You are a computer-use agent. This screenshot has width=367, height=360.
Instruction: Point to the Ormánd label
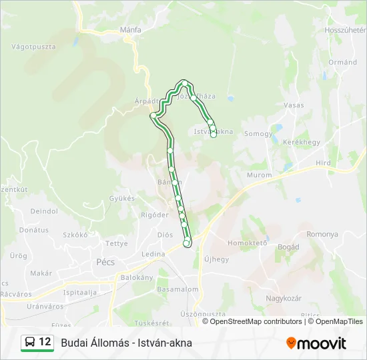point(342,62)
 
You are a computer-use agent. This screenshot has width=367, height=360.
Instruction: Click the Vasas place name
point(294,105)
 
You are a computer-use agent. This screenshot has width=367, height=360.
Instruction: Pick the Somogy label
point(258,134)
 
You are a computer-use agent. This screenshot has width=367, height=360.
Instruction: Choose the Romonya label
point(322,235)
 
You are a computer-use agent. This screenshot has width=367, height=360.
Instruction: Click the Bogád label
point(288,247)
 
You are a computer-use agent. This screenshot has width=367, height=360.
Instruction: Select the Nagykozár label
point(284,298)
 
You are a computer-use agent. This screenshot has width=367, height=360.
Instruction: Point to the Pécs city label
point(107,261)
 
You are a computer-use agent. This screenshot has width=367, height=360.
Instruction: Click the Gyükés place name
point(121,199)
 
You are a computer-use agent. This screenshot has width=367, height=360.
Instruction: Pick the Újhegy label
point(216,259)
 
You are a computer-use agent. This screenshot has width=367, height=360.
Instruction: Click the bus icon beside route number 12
point(30,343)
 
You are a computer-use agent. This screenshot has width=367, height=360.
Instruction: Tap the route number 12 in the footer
point(45,343)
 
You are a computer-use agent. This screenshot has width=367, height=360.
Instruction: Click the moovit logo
point(316,343)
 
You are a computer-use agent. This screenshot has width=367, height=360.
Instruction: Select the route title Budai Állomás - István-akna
point(126,343)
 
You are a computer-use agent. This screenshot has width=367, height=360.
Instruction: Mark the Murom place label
point(259,175)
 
